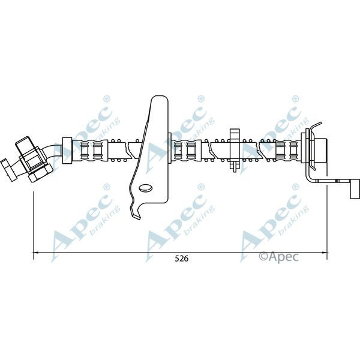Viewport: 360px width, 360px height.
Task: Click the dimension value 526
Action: [179, 259]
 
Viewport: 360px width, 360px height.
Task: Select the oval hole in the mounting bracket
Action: [146, 190]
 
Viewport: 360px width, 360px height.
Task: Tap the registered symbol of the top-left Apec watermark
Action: [107, 98]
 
